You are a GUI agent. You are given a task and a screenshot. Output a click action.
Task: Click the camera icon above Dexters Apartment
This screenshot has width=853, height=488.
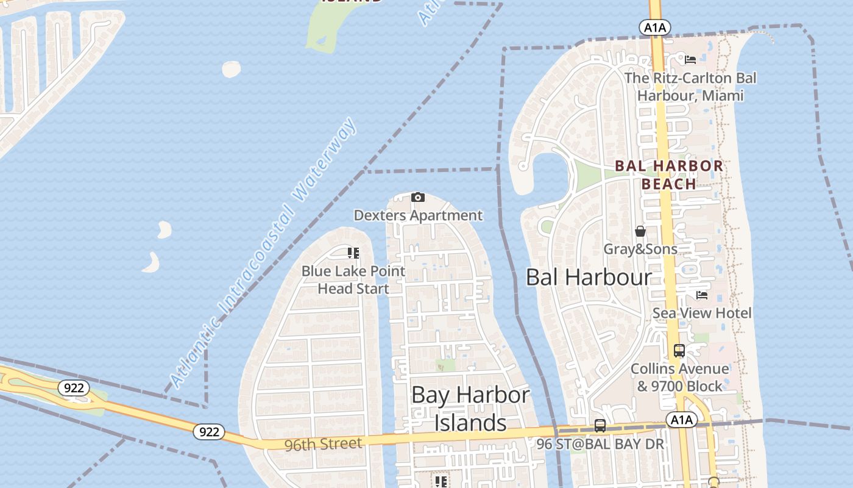(x=417, y=197)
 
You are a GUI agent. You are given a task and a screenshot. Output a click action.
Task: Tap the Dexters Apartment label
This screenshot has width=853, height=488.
(x=418, y=215)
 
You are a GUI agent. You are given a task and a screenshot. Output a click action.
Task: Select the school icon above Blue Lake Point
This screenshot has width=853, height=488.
(x=353, y=253)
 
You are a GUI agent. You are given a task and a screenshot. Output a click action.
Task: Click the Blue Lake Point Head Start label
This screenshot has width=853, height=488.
(x=353, y=279)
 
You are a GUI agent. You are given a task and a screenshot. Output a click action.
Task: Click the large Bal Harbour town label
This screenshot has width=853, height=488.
(x=589, y=278)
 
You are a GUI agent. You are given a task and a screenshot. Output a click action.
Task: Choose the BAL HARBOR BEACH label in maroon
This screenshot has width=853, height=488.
(x=668, y=174)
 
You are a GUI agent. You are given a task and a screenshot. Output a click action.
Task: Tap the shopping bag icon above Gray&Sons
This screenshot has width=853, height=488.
(x=640, y=231)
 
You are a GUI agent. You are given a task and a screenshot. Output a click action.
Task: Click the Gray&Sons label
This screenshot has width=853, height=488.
(x=640, y=249)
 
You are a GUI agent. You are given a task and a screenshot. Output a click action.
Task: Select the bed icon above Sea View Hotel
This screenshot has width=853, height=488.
(x=702, y=295)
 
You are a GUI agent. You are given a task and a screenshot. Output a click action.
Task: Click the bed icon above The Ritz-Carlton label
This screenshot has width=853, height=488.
(x=690, y=60)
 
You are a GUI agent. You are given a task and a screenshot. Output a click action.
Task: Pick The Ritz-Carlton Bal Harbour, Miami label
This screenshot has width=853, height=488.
(x=690, y=87)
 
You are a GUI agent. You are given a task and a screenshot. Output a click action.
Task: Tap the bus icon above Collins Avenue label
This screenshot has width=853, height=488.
(x=679, y=351)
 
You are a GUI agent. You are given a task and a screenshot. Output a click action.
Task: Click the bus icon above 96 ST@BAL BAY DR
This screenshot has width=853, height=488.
(x=600, y=426)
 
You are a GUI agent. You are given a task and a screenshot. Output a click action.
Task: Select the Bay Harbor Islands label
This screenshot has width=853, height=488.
(x=470, y=409)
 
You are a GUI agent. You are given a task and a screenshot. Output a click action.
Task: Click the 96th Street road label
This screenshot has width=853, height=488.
(x=323, y=444)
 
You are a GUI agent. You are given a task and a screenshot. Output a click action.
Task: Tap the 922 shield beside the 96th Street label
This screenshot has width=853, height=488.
(x=209, y=432)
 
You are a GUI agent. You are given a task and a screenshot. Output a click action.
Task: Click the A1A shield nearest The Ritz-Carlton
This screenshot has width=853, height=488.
(x=655, y=27)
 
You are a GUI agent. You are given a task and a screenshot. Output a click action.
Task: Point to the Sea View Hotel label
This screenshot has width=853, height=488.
(x=702, y=313)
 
